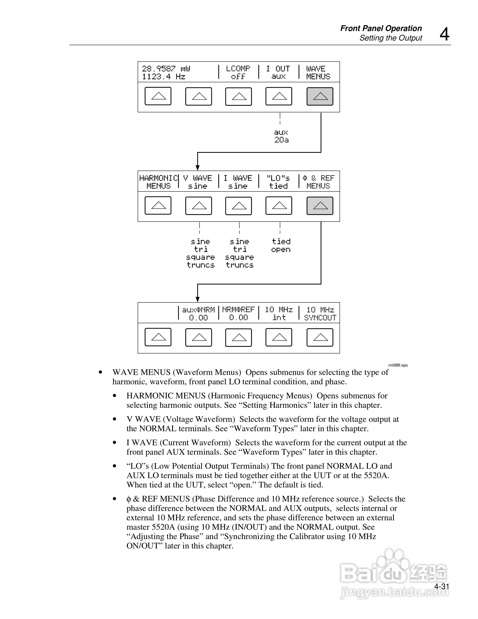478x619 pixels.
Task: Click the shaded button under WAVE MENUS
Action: (x=320, y=96)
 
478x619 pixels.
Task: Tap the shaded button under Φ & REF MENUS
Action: (x=320, y=206)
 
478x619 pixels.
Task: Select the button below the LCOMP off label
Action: (x=238, y=96)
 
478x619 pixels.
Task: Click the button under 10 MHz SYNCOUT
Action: (x=320, y=337)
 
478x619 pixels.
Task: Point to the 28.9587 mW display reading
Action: (x=166, y=69)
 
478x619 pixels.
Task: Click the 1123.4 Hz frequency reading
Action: (x=164, y=77)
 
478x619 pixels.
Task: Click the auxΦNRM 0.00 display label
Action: (x=198, y=313)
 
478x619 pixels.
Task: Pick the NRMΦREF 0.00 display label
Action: (x=238, y=313)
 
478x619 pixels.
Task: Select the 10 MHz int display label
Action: (x=279, y=313)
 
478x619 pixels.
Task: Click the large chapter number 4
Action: (x=444, y=35)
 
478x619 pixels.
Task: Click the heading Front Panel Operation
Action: (x=381, y=28)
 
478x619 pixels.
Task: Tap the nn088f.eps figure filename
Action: (x=398, y=365)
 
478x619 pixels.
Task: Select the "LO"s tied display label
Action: (x=278, y=182)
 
